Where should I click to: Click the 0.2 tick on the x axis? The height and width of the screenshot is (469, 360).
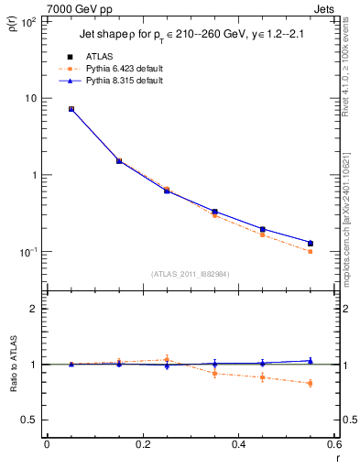(x=142, y=444)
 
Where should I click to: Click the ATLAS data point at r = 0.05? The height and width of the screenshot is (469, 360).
(x=71, y=109)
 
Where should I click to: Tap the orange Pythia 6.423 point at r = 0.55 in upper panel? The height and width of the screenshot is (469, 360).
(x=310, y=251)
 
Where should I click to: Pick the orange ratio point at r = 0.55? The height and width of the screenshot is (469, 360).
(x=310, y=383)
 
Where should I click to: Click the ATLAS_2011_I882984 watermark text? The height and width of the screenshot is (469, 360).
(x=191, y=273)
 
